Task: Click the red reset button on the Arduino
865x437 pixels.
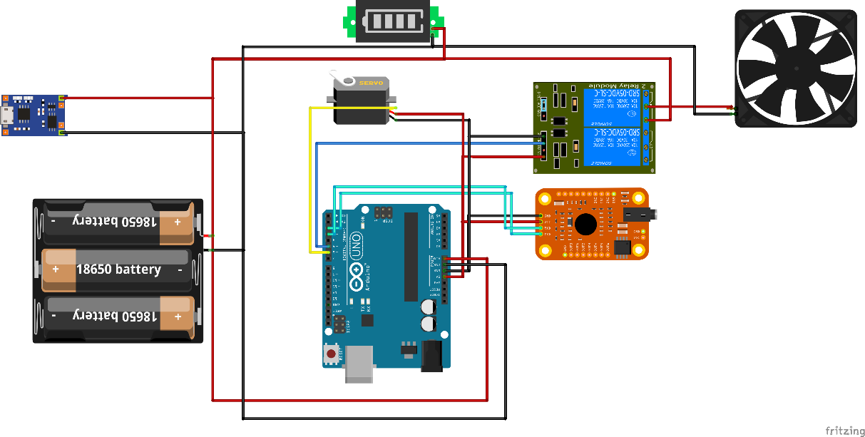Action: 331,353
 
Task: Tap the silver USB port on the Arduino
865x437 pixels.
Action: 359,364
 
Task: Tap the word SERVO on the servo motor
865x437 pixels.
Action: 371,83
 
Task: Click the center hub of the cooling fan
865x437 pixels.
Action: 797,68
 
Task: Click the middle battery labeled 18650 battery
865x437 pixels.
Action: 118,270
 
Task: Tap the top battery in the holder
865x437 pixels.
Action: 118,222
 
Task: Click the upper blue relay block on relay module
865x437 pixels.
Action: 613,106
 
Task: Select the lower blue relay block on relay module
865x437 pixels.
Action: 613,148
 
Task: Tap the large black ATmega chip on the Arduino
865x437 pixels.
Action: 411,257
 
